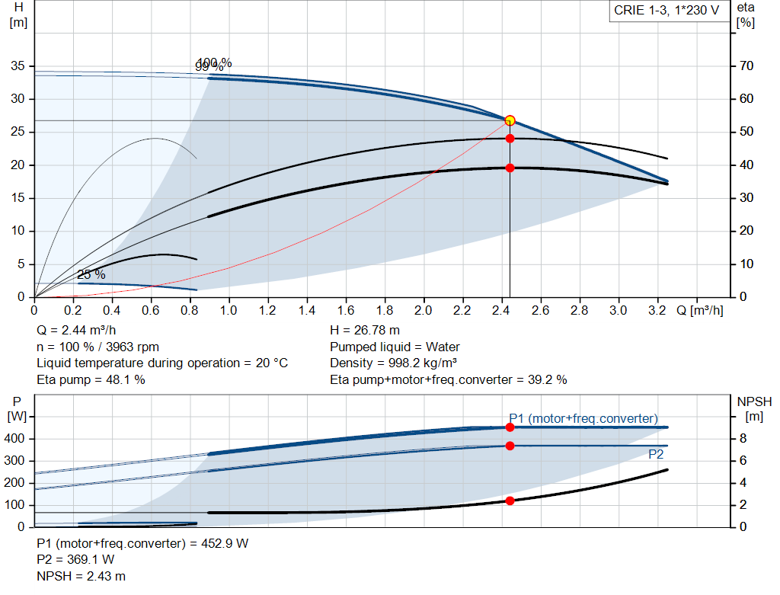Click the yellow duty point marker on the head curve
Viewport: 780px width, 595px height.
coord(510,120)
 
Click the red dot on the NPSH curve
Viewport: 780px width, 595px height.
coord(510,501)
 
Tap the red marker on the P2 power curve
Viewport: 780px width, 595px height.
coord(510,446)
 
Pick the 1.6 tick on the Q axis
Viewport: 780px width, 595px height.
coord(346,310)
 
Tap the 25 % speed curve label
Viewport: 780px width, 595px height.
coord(91,274)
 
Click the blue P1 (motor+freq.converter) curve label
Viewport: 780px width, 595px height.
coord(583,418)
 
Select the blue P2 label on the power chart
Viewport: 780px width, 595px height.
coord(655,454)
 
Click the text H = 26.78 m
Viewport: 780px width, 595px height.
coord(365,331)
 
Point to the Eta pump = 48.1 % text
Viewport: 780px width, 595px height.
coord(91,379)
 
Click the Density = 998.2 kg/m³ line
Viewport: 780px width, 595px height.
coord(394,363)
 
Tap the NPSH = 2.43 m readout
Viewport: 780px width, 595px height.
coord(82,577)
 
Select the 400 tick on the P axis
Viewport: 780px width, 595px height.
coord(17,439)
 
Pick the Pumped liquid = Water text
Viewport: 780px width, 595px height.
coord(395,347)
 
